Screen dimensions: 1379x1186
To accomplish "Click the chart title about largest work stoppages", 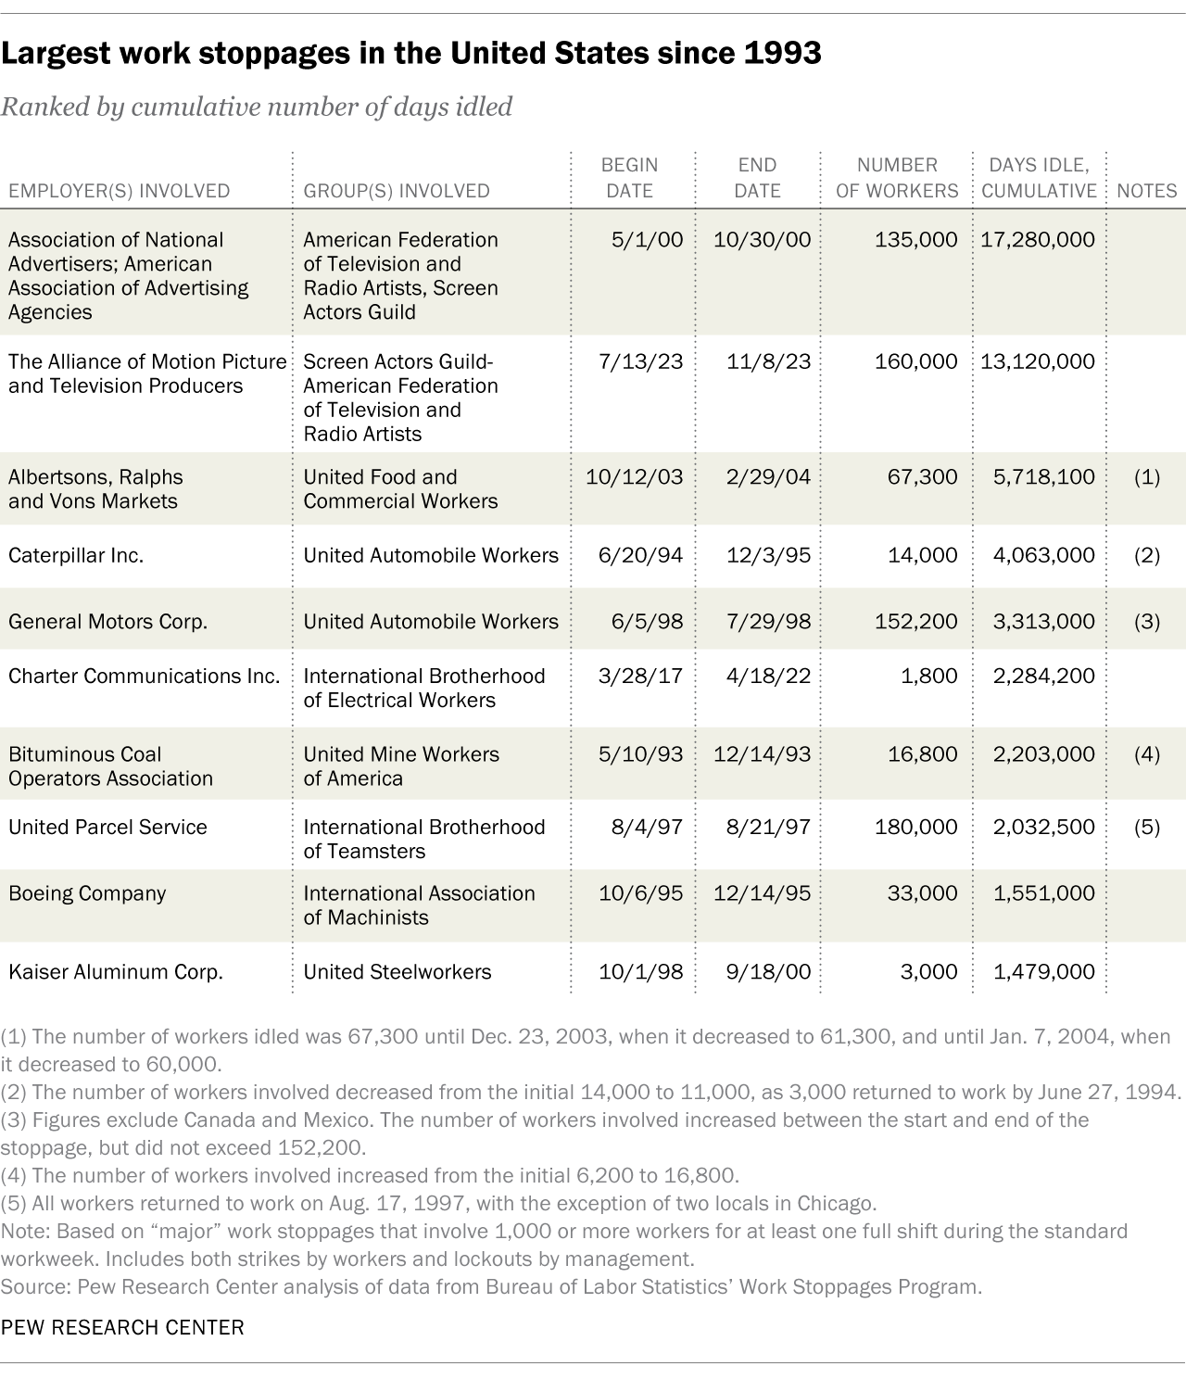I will [410, 54].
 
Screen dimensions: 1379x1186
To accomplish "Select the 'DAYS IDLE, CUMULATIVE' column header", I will [1039, 178].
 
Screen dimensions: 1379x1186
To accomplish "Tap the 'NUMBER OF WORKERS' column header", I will [896, 178].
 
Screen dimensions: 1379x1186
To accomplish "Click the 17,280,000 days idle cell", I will [1038, 240].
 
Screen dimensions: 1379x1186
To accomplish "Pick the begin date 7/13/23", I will [640, 362].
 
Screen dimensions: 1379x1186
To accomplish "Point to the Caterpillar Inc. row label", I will [76, 556].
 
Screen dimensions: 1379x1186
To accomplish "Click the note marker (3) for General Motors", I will [1146, 622].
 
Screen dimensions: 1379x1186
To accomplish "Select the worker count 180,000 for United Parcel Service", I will [915, 828].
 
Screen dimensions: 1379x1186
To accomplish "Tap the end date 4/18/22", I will [769, 677].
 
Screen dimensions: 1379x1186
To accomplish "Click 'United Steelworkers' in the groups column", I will [397, 972].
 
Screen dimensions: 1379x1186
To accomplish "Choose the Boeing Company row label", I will [87, 894].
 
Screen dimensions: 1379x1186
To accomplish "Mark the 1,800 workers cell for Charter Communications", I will [929, 677].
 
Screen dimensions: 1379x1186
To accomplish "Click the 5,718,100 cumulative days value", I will [1043, 477].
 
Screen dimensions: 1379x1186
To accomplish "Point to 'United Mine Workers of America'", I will [401, 766].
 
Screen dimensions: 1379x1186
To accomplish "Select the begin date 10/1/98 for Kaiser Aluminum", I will [640, 972].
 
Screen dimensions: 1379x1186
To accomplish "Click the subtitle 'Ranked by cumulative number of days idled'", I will [257, 108].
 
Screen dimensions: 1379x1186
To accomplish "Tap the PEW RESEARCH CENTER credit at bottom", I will [122, 1327].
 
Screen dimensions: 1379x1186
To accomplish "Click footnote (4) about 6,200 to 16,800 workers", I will [371, 1176].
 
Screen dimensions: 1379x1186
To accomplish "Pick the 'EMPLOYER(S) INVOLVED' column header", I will [119, 191].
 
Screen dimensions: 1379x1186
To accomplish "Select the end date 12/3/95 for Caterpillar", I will [769, 556].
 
